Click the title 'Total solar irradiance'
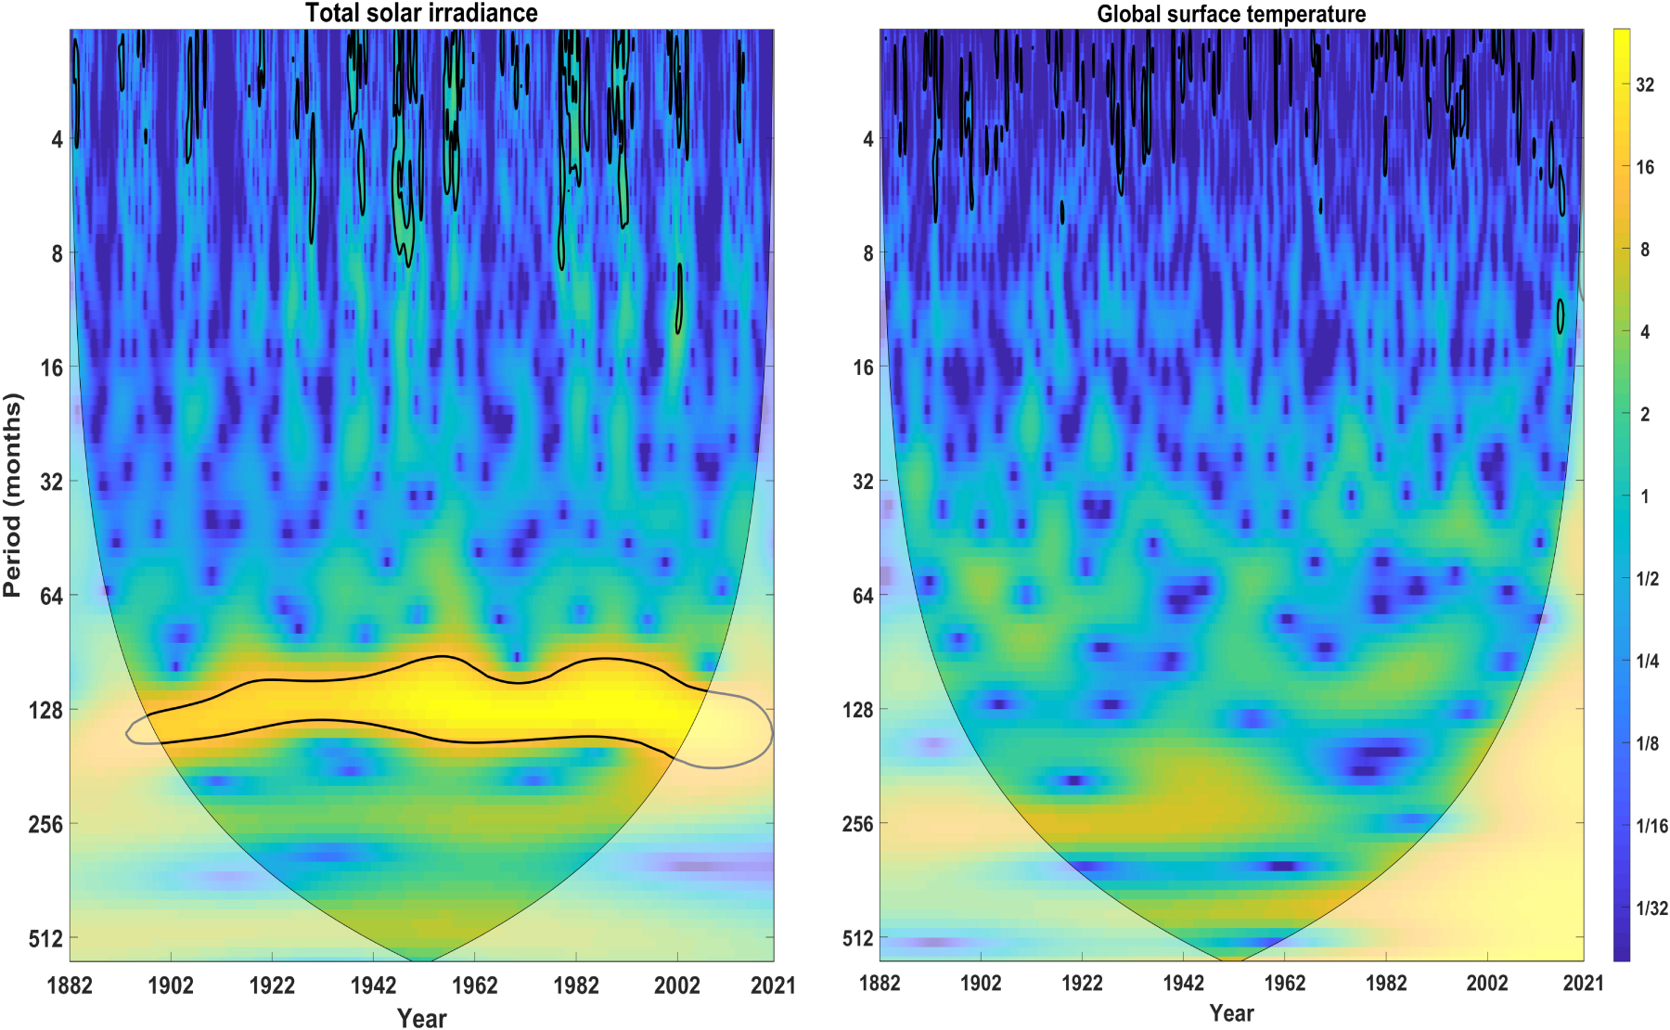click(421, 13)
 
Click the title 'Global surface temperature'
click(1231, 14)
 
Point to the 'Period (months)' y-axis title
click(12, 495)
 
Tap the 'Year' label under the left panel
click(421, 1018)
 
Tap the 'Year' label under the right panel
click(1231, 1013)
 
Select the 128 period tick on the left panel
click(45, 710)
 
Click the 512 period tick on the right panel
click(858, 938)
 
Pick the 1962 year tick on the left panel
click(474, 985)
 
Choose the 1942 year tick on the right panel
click(1183, 984)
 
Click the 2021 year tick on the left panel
click(773, 985)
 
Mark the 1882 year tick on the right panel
click(880, 984)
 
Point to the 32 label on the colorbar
click(1645, 84)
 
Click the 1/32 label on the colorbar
click(1651, 908)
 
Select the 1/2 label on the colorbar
click(1648, 579)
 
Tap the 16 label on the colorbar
click(1645, 167)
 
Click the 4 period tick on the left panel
click(57, 139)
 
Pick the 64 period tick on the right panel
click(863, 596)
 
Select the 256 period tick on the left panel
click(45, 824)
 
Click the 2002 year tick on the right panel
click(1486, 984)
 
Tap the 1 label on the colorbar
click(1645, 496)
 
